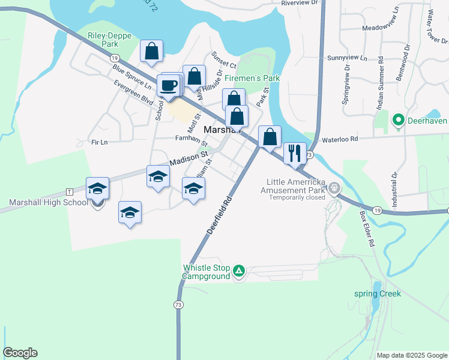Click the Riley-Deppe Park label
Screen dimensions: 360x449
click(x=103, y=40)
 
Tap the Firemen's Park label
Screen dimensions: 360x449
click(x=253, y=79)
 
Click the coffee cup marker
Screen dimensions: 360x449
click(x=167, y=86)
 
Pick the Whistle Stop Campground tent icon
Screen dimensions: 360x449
click(x=239, y=271)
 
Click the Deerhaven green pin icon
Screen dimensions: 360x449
click(x=397, y=121)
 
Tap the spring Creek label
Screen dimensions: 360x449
click(x=376, y=294)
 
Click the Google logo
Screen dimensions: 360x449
click(x=20, y=353)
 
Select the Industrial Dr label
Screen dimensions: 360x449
click(x=394, y=190)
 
